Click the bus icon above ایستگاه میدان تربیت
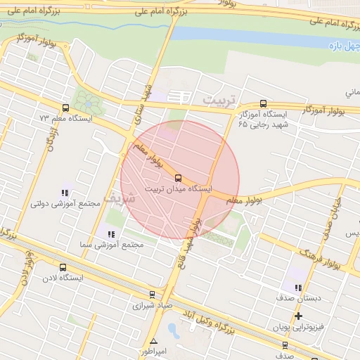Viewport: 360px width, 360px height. coord(177,177)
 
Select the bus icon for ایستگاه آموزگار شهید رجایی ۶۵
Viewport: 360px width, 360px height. coord(263,102)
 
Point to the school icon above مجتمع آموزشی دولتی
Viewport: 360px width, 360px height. coord(65,192)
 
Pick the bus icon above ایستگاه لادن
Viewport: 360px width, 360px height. coord(64,267)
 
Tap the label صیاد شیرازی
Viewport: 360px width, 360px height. coord(152,306)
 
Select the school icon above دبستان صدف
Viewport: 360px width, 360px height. coord(298,287)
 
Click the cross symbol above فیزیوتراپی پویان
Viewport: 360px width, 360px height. coord(298,316)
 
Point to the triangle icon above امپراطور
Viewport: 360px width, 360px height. coord(153,341)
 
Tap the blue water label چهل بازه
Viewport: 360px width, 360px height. coord(344,46)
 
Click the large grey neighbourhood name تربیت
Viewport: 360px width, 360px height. coord(221,100)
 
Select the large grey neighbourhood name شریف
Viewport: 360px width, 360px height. coord(116,196)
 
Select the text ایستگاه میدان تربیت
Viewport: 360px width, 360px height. coord(179,189)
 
